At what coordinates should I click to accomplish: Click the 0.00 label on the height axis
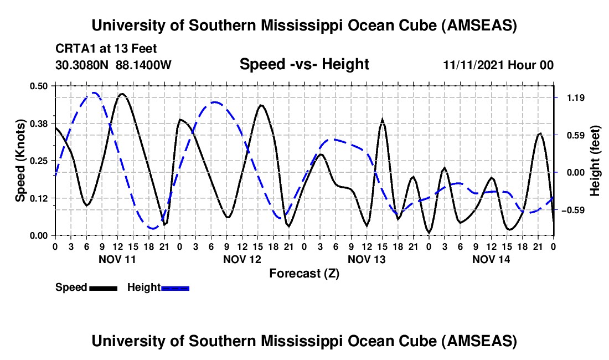tap(574, 172)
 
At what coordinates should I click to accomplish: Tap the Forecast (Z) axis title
tap(304, 273)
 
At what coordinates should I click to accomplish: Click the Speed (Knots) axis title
tap(20, 160)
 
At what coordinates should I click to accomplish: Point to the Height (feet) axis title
tap(595, 160)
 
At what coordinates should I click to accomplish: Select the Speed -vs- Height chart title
tap(304, 64)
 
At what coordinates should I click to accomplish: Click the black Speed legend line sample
tap(103, 287)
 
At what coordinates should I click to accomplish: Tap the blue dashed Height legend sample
tap(175, 287)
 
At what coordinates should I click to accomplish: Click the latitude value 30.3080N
tap(82, 65)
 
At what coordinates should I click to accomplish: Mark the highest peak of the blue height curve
tap(95, 93)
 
